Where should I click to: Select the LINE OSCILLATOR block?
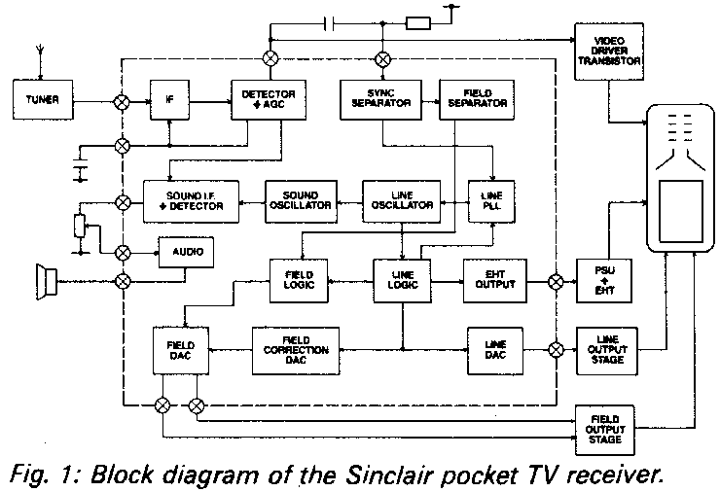coord(399,198)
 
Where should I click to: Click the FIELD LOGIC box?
coord(298,277)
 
